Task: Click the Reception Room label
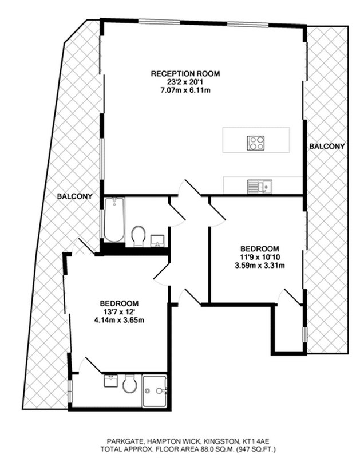tap(185, 74)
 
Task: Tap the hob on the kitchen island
tap(256, 143)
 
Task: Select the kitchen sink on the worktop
tap(260, 187)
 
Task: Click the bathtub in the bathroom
tap(114, 220)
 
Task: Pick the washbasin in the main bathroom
tap(157, 240)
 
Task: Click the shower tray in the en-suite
tap(155, 391)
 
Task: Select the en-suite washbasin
tap(111, 381)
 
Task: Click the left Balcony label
tap(75, 196)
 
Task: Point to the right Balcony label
tap(327, 146)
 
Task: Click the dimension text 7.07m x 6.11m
tap(185, 90)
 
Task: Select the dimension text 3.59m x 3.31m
tap(260, 266)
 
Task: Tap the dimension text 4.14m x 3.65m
tap(119, 320)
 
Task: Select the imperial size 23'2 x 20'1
tap(185, 82)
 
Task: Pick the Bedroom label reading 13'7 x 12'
tap(119, 307)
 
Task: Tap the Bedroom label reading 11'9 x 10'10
tap(260, 253)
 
